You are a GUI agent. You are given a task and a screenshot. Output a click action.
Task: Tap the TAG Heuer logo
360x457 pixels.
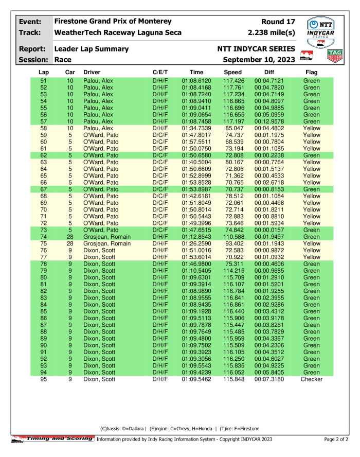click(x=335, y=55)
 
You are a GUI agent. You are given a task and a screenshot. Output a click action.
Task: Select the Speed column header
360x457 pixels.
click(x=232, y=72)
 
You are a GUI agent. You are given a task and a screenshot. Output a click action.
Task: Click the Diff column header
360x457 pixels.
click(x=269, y=72)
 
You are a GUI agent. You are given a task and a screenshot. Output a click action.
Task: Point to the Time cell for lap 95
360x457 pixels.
click(x=196, y=379)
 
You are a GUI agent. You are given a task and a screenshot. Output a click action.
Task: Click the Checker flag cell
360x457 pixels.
click(x=311, y=379)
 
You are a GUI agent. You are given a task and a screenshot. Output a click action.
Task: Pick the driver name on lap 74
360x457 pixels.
click(x=106, y=237)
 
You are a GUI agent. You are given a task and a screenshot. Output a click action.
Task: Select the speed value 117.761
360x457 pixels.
click(x=232, y=87)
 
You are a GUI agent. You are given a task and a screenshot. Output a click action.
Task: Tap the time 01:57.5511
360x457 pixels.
click(x=196, y=142)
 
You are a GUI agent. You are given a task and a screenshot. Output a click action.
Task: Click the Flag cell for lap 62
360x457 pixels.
click(x=311, y=155)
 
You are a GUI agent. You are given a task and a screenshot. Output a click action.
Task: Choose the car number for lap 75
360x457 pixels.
click(x=70, y=243)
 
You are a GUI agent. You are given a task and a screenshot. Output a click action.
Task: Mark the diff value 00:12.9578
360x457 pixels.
click(x=269, y=121)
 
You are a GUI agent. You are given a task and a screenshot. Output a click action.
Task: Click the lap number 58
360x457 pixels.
click(x=43, y=128)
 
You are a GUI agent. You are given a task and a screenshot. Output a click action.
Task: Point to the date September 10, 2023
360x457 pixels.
click(x=259, y=60)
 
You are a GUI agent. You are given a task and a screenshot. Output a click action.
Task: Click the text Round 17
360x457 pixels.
click(x=278, y=22)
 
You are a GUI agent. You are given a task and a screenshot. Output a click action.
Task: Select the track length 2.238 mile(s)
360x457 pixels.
click(x=271, y=32)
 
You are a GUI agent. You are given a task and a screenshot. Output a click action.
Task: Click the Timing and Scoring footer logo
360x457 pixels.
click(x=53, y=438)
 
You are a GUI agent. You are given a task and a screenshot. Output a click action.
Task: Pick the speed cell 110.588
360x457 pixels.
click(x=232, y=237)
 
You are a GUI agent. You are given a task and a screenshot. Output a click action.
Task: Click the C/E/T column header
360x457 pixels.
click(x=160, y=72)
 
